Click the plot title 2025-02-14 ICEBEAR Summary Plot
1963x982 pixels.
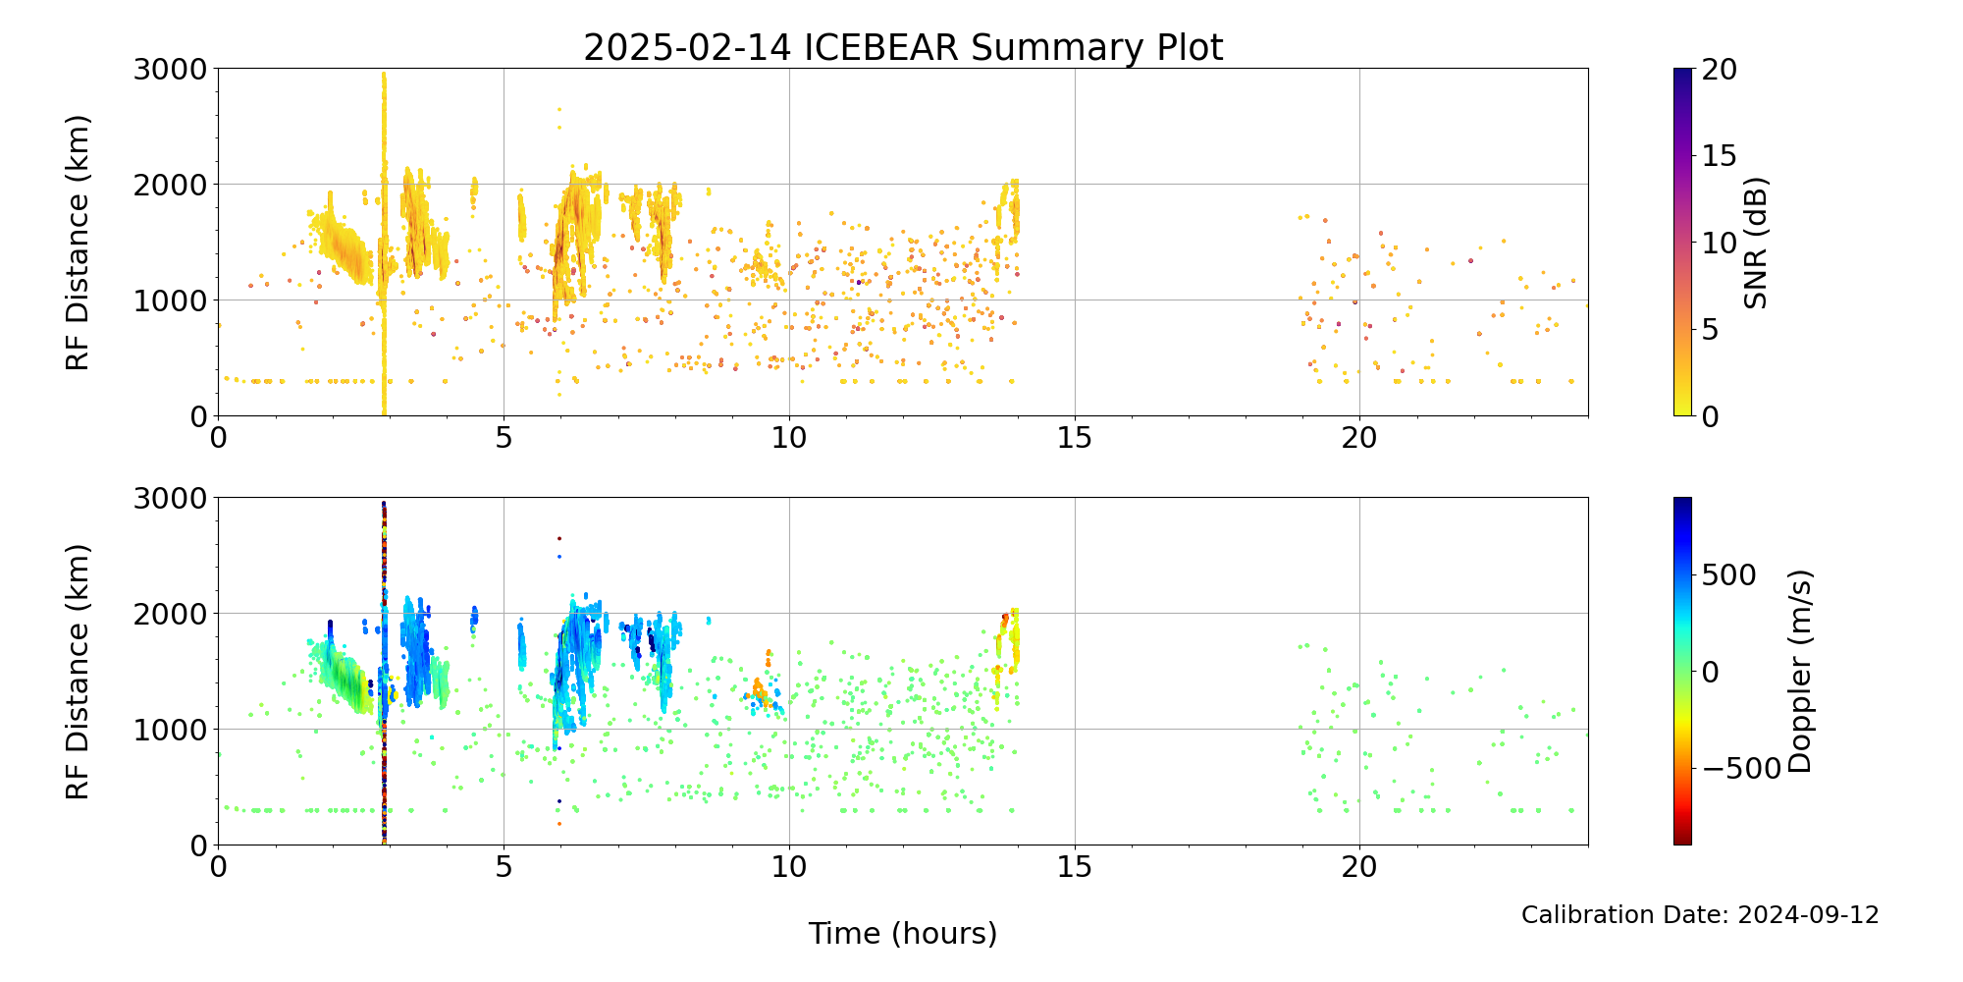click(x=903, y=47)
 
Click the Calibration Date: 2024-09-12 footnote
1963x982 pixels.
click(x=1700, y=915)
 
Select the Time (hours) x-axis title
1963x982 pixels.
click(x=903, y=933)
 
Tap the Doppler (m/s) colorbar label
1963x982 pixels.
click(x=1799, y=671)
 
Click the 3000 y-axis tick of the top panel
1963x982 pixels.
click(x=171, y=69)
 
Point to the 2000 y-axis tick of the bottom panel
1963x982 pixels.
click(x=171, y=614)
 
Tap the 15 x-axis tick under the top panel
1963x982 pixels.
click(x=1075, y=437)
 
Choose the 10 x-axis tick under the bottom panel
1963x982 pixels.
click(x=789, y=866)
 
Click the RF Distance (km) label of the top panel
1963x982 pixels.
click(x=78, y=243)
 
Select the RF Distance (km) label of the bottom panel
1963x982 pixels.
click(x=78, y=672)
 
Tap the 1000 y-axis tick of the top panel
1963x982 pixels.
click(x=171, y=300)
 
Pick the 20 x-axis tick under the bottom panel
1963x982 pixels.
click(x=1359, y=866)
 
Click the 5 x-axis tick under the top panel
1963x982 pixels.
click(x=504, y=437)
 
